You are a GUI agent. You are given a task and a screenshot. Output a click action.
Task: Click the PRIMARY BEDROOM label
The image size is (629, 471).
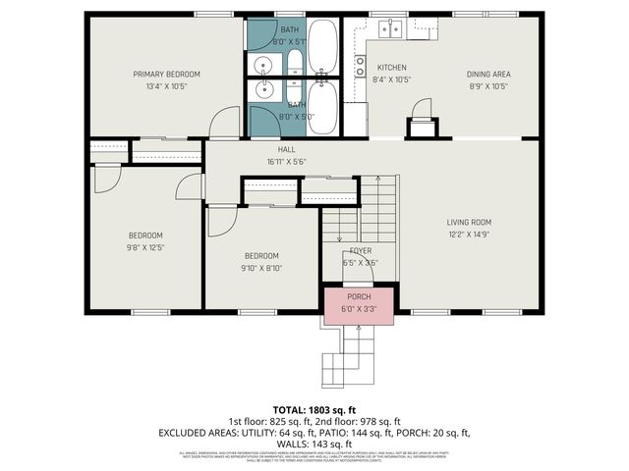click(167, 75)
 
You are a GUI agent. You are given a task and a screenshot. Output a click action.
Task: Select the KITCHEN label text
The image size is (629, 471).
click(392, 68)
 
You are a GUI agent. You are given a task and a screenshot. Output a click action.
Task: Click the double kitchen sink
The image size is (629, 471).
click(389, 27)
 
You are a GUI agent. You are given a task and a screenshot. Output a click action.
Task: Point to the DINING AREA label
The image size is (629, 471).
click(487, 74)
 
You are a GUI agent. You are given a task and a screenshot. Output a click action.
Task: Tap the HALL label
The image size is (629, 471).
click(287, 149)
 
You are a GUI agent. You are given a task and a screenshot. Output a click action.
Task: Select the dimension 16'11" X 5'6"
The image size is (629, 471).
click(287, 161)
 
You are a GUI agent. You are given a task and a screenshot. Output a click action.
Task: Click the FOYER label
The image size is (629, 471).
click(360, 250)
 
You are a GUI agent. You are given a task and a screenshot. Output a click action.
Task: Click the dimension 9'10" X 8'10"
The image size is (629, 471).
click(262, 267)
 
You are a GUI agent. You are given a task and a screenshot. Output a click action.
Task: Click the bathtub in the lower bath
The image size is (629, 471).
click(325, 109)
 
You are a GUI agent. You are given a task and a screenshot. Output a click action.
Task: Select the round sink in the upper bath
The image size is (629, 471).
click(263, 66)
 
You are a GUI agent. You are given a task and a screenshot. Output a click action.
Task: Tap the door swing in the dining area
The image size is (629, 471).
click(421, 108)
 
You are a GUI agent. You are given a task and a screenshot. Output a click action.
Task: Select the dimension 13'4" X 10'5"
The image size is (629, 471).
click(167, 86)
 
